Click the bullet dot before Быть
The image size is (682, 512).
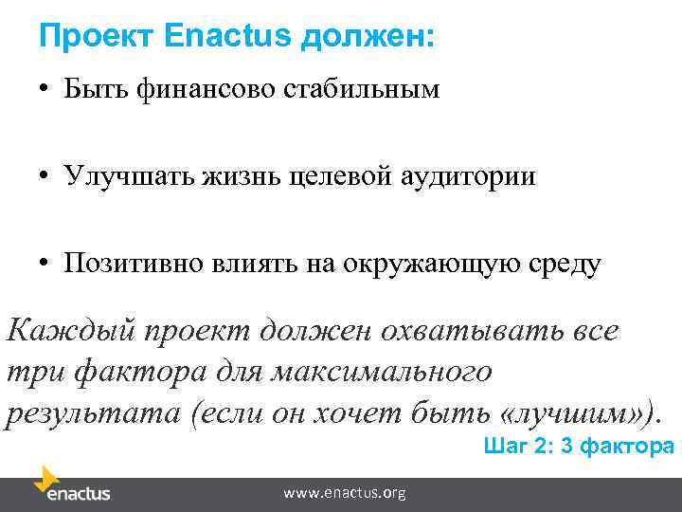45,91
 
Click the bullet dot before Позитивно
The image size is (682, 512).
45,264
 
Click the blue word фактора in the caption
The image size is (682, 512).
624,446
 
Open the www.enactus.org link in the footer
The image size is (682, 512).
345,493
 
